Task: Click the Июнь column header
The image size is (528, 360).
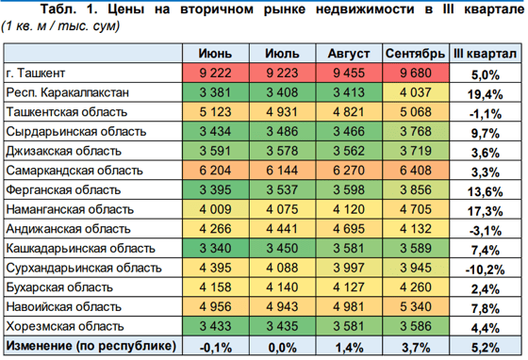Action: pyautogui.click(x=212, y=53)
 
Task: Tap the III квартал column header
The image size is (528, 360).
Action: pyautogui.click(x=485, y=53)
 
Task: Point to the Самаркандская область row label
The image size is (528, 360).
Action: pyautogui.click(x=67, y=171)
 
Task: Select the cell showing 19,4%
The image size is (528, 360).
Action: pyautogui.click(x=485, y=93)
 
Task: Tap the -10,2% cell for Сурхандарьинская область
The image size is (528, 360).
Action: pyautogui.click(x=485, y=268)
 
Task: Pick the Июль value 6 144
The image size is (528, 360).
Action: pyautogui.click(x=280, y=171)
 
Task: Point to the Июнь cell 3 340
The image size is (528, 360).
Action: pyautogui.click(x=212, y=248)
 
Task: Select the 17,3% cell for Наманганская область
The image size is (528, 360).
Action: pyautogui.click(x=485, y=209)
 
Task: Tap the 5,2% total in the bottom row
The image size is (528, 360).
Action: pyautogui.click(x=485, y=346)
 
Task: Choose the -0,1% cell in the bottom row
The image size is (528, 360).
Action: pyautogui.click(x=212, y=346)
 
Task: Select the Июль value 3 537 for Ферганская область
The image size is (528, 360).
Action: pyautogui.click(x=280, y=190)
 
